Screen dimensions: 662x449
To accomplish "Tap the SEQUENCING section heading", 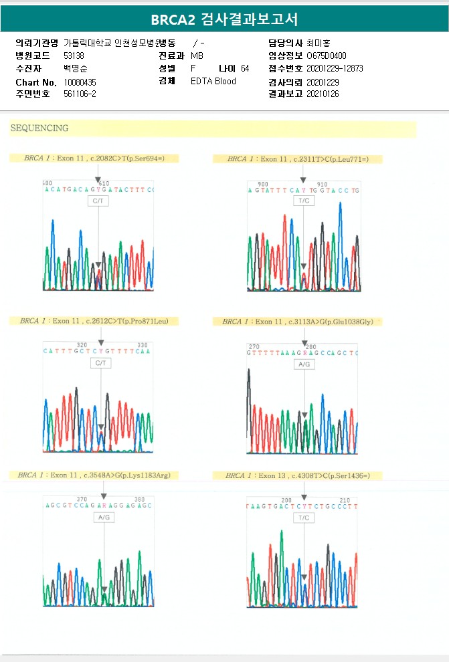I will coord(39,128).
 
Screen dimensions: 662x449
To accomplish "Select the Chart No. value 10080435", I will coord(80,82).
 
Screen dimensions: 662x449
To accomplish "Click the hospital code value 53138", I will coord(74,56).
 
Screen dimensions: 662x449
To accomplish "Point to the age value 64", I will coord(245,68).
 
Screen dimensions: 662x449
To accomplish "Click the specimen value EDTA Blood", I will coord(213,82).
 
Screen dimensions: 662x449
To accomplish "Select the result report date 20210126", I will coord(323,94).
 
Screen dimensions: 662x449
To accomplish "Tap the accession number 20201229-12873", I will coord(335,68).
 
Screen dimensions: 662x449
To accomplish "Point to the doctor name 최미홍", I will coord(318,43).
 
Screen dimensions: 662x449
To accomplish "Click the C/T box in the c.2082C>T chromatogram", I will coord(98,200).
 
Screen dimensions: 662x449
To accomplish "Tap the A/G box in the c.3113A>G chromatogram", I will coord(304,364).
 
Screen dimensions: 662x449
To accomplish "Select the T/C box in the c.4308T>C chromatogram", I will coord(304,518).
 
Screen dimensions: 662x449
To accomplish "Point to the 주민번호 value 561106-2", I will coord(80,94).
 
